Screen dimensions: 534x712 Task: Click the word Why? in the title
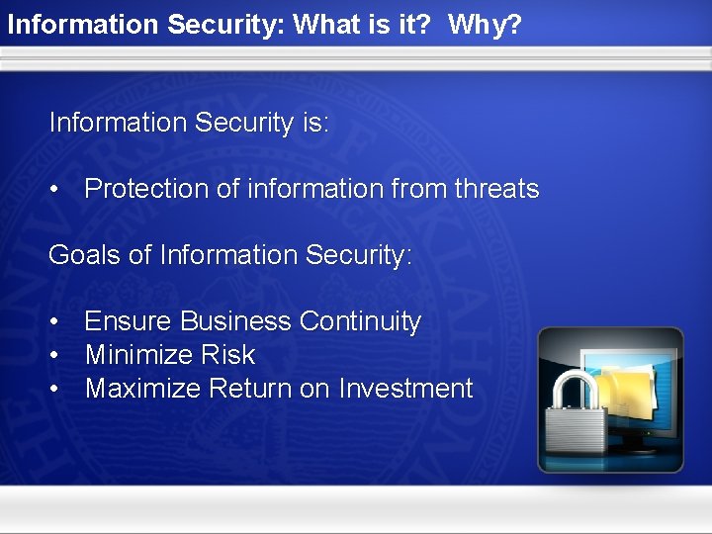click(485, 25)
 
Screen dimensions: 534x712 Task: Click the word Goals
click(85, 255)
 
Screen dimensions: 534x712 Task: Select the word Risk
click(229, 355)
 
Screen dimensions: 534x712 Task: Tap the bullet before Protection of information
click(57, 189)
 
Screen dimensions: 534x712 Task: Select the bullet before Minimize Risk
click(57, 355)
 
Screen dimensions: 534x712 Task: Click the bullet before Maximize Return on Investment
click(57, 389)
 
